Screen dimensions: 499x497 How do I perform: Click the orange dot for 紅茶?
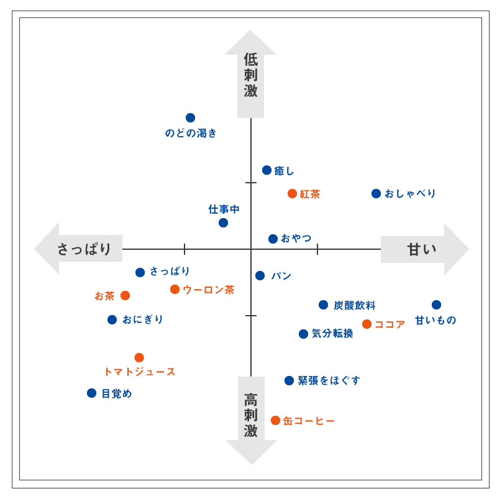292,194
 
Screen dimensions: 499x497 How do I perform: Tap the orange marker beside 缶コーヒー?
275,421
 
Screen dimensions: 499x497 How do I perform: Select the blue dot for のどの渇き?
190,118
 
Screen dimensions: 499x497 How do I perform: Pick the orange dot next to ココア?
367,324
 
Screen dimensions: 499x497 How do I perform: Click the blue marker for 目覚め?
91,393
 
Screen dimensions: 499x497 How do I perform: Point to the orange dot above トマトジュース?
139,358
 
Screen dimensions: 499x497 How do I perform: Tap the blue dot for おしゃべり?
376,194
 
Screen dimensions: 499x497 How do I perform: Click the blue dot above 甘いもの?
436,305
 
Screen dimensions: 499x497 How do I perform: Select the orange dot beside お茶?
125,296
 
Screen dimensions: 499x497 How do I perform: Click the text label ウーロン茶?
209,290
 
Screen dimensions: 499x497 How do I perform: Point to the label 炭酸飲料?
354,305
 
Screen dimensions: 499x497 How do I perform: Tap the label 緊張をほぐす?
329,381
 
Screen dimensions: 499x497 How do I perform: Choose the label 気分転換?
332,334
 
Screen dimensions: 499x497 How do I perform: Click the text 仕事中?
224,209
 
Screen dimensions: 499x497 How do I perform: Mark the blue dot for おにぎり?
112,320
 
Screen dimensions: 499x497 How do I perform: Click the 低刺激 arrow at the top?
250,75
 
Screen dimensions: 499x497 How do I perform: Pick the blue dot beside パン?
260,276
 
